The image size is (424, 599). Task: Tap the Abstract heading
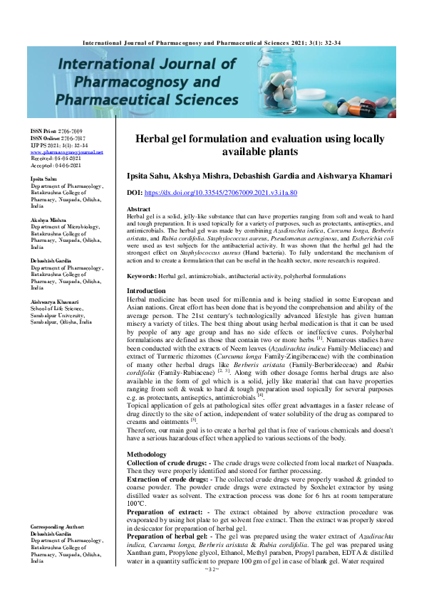coord(138,208)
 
